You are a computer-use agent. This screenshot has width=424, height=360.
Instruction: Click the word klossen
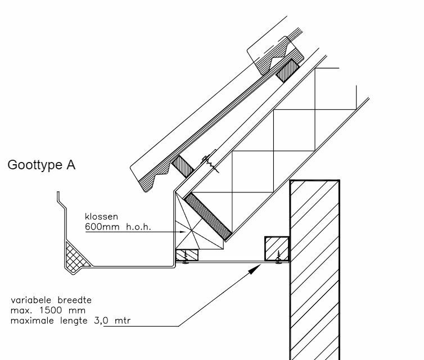(x=102, y=216)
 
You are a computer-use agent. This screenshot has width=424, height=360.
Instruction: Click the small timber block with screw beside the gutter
(x=187, y=255)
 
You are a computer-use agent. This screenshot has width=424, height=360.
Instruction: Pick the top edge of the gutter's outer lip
(x=58, y=194)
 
